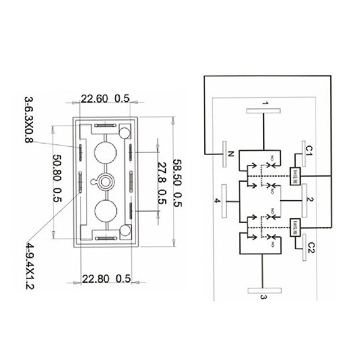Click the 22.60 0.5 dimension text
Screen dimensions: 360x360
(105, 99)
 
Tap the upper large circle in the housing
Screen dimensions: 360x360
(105, 152)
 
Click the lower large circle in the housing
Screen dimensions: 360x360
(105, 211)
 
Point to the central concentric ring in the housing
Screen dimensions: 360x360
(106, 181)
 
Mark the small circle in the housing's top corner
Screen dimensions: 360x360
(125, 132)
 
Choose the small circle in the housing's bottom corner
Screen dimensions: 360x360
(125, 231)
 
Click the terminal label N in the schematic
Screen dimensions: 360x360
(231, 154)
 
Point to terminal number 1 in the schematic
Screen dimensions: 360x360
(265, 104)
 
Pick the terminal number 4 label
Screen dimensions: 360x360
(217, 201)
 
